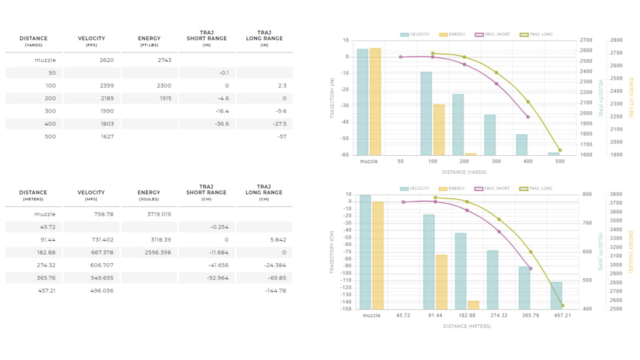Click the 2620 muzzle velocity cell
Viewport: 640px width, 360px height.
(107, 60)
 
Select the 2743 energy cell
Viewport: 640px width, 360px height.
(164, 60)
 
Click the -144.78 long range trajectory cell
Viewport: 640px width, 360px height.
(276, 290)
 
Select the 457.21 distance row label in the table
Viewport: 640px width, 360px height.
(48, 290)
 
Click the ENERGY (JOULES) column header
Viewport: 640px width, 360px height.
(149, 195)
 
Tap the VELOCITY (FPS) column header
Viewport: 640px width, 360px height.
(91, 41)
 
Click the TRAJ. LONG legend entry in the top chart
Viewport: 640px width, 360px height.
(537, 35)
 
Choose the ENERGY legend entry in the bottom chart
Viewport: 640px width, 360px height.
(452, 189)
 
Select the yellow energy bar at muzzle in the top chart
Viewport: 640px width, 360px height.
(375, 101)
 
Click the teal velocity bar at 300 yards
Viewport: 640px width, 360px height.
(489, 135)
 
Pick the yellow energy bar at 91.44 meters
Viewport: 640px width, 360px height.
(442, 281)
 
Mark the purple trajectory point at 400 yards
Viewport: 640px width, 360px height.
(528, 117)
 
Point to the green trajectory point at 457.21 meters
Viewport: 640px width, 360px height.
(563, 306)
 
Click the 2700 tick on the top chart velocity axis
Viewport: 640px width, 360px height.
(586, 41)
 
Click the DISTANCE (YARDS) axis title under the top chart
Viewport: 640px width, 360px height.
(465, 172)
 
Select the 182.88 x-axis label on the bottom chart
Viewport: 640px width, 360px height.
(467, 315)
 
